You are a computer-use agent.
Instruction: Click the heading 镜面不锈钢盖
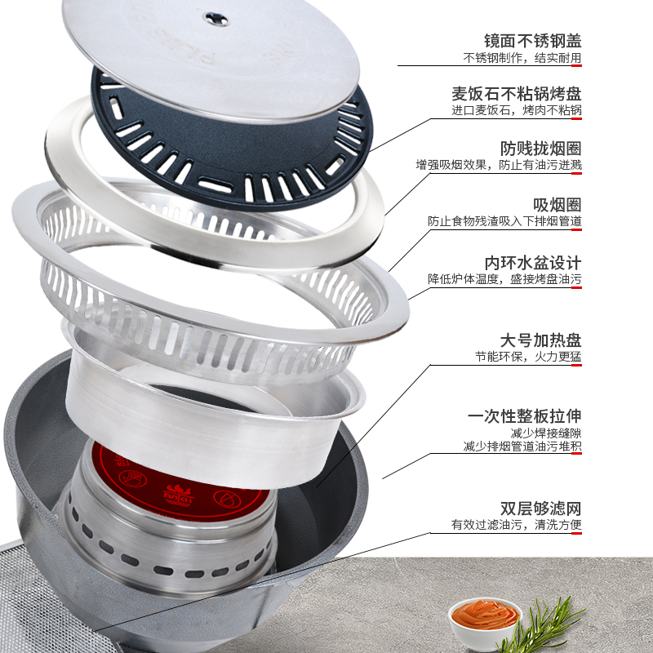(x=533, y=41)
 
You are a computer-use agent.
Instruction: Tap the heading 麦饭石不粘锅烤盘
(x=517, y=94)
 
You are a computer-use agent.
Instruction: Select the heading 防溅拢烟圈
(x=540, y=149)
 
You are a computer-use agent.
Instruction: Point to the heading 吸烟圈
(x=557, y=205)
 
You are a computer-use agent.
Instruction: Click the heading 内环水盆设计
(x=533, y=263)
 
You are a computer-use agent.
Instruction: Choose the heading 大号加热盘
(x=540, y=340)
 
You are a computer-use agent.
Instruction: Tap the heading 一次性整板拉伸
(x=524, y=415)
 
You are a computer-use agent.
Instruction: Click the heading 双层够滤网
(x=540, y=508)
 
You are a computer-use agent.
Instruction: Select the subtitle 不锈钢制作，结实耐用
(x=522, y=58)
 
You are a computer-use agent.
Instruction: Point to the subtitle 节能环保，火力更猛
(x=528, y=357)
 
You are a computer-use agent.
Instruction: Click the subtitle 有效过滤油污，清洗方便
(x=517, y=524)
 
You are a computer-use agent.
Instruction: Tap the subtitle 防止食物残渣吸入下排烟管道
(x=504, y=221)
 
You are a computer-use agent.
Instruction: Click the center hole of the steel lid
(x=215, y=18)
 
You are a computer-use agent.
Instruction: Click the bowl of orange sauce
(x=484, y=618)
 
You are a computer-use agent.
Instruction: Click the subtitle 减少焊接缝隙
(x=546, y=433)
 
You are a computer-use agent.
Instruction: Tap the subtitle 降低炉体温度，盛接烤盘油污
(x=504, y=279)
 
